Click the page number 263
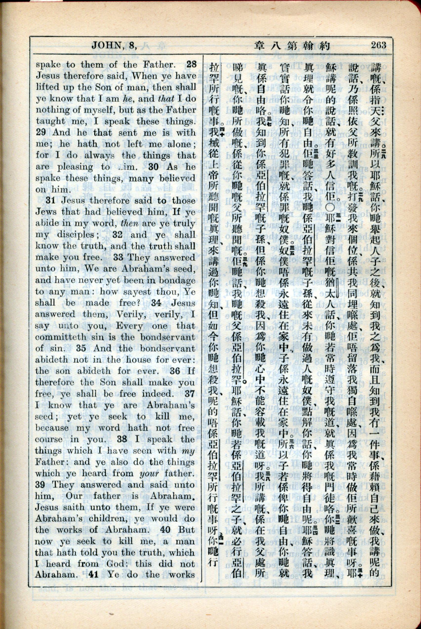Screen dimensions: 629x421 379,45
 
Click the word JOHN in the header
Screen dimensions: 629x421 106,45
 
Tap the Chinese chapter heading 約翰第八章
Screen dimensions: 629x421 292,46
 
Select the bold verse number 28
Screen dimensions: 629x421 191,64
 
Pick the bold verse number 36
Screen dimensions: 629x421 175,371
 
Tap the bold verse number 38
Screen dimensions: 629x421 122,440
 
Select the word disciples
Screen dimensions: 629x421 75,235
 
